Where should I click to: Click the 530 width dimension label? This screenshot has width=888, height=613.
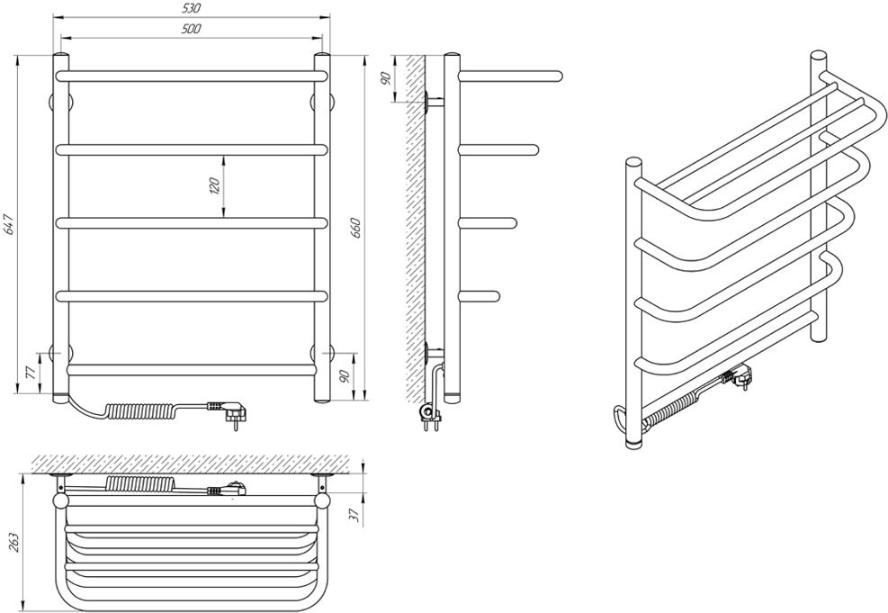[x=193, y=8]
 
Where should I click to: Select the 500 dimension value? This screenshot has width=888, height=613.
[x=192, y=29]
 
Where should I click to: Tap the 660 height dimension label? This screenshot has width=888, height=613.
[x=356, y=227]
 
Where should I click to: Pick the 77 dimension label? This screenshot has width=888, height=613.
[x=31, y=373]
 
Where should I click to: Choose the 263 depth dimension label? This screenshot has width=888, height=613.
[x=14, y=543]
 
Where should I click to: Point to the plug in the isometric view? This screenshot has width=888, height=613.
[x=739, y=376]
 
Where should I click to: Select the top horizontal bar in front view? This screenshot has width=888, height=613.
[x=192, y=76]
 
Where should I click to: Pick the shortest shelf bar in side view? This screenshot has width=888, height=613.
[x=480, y=295]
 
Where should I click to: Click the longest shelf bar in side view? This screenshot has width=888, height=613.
[x=510, y=76]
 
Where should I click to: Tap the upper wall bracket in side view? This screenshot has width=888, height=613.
[x=434, y=103]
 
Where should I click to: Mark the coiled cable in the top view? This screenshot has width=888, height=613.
[x=139, y=483]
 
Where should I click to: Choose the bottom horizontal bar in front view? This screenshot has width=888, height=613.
[x=191, y=370]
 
